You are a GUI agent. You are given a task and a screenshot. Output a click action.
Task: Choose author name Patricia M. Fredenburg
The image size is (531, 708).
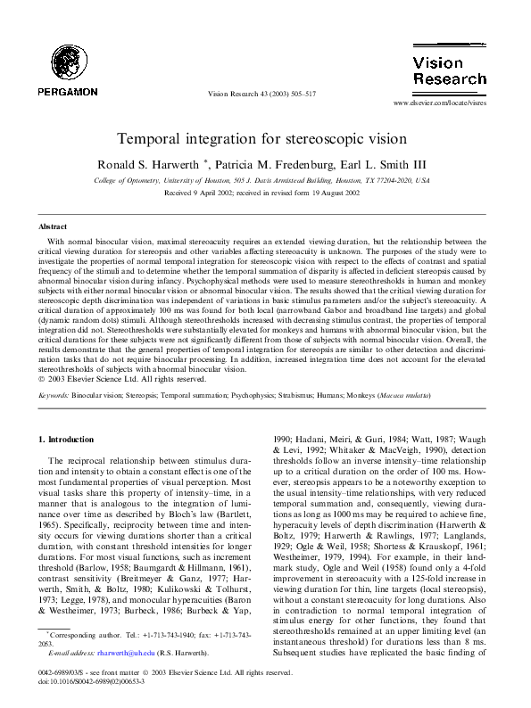tap(274, 164)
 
